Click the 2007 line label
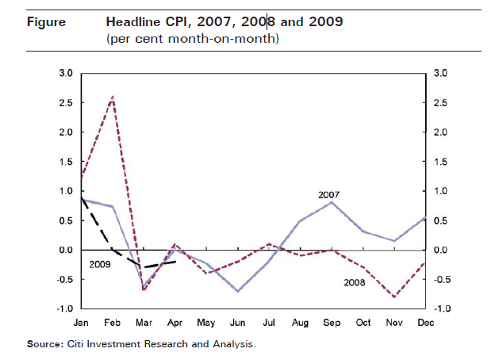(329, 194)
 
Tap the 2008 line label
(355, 281)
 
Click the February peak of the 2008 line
(113, 97)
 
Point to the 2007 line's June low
(237, 291)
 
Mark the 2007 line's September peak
(331, 202)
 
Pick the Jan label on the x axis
(82, 323)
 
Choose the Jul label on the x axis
(269, 323)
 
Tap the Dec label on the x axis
(424, 323)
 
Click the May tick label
(206, 323)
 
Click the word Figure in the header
(46, 21)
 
